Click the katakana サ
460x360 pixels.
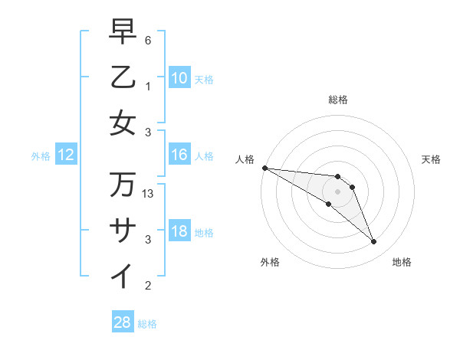123,231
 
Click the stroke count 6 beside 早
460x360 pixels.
148,40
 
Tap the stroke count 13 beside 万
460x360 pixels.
149,195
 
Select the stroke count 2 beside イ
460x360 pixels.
148,286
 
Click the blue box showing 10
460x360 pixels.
179,78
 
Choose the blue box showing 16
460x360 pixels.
179,155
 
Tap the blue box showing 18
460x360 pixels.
179,232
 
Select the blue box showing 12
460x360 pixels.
66,155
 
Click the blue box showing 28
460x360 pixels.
123,322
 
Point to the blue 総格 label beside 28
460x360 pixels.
148,324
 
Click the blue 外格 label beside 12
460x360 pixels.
41,156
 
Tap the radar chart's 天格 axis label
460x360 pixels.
432,159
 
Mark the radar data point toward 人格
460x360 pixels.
264,167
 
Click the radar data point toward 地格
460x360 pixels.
373,242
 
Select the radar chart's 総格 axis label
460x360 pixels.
338,100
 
